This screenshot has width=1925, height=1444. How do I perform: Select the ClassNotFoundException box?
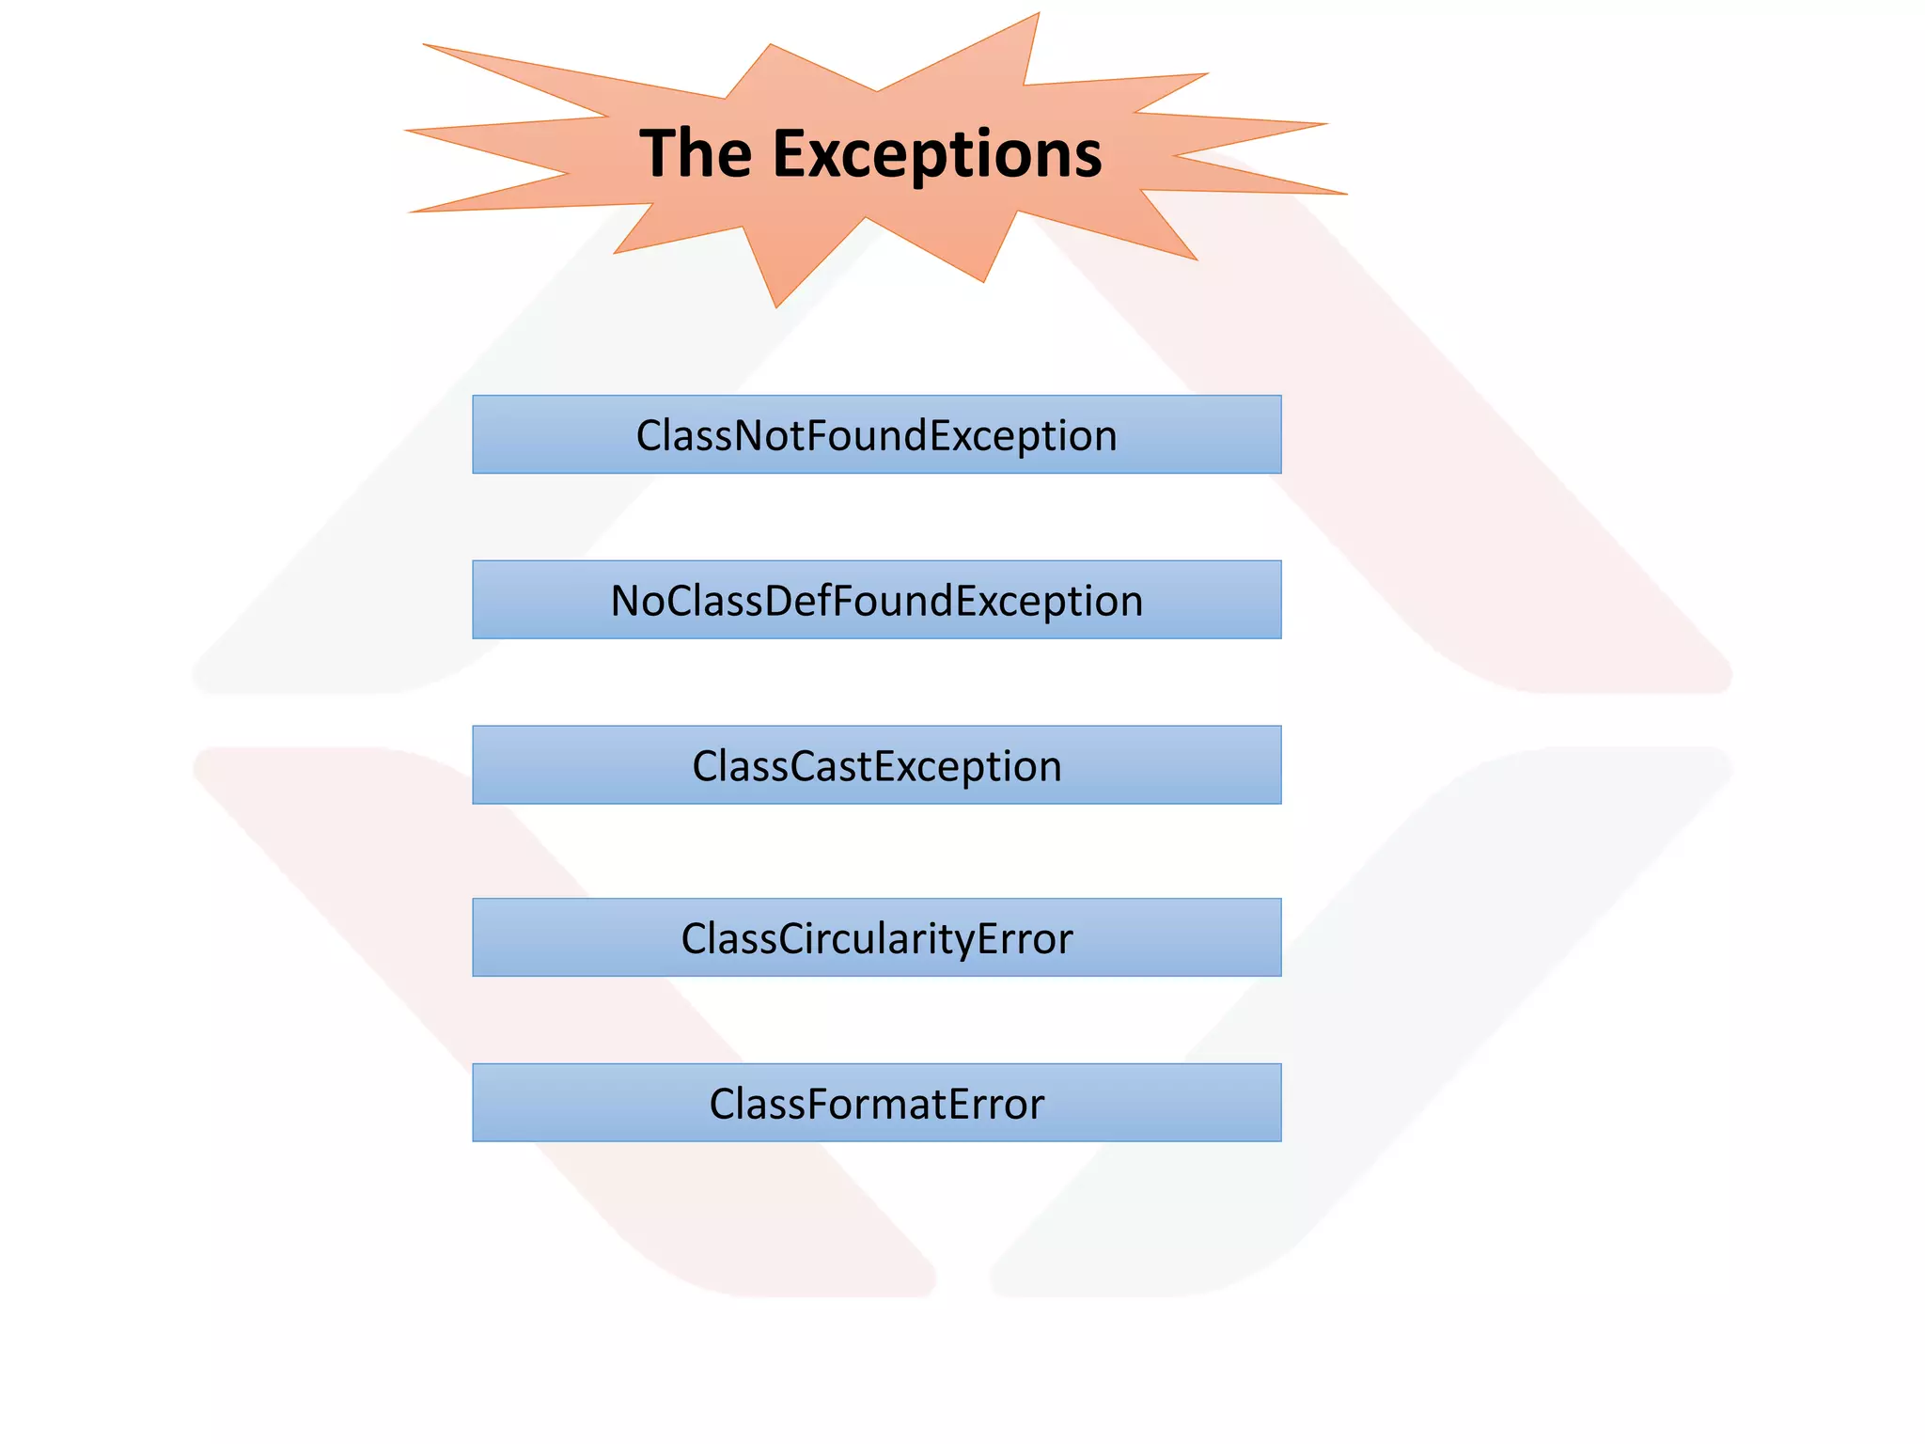[x=876, y=434]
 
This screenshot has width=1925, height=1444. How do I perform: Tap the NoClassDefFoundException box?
[x=876, y=600]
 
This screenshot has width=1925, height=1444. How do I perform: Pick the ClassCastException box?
[x=876, y=765]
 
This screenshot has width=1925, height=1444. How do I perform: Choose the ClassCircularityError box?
[x=876, y=937]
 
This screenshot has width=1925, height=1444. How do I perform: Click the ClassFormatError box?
[x=876, y=1103]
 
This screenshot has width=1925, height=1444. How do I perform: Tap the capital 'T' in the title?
[x=658, y=153]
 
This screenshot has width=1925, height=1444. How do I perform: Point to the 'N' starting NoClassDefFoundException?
[x=626, y=601]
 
